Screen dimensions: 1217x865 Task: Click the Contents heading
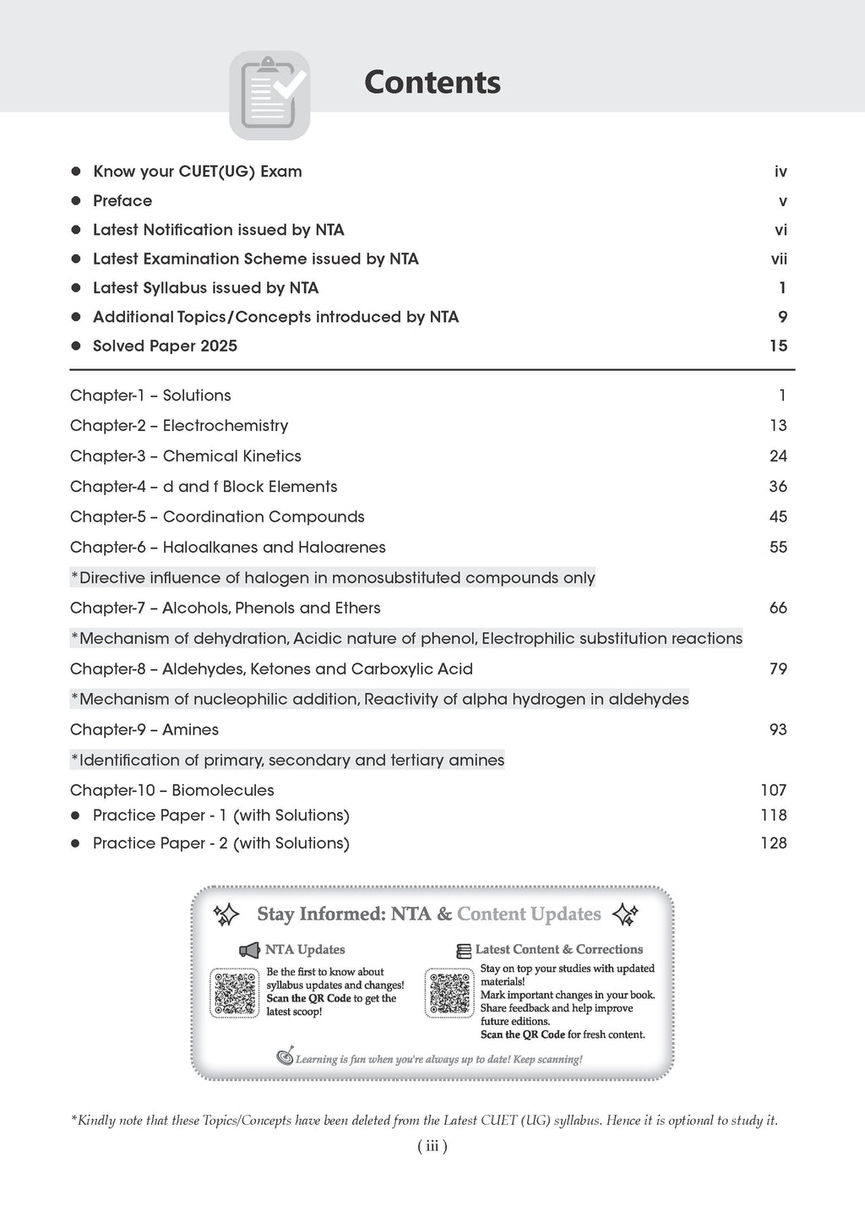click(432, 83)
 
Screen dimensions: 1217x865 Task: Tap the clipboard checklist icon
click(269, 95)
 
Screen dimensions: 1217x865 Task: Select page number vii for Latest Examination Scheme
click(779, 259)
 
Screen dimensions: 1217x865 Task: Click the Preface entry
click(122, 201)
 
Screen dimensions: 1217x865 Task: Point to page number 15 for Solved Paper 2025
click(778, 346)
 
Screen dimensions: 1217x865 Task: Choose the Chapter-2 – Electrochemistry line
click(179, 426)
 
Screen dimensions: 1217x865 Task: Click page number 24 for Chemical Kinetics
click(778, 456)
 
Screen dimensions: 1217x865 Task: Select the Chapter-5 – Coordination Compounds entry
click(217, 517)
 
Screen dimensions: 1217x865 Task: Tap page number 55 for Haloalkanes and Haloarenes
click(778, 548)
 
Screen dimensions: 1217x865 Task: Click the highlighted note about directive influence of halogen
click(333, 578)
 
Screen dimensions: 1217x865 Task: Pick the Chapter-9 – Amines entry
click(144, 730)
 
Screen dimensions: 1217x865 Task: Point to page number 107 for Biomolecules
click(773, 791)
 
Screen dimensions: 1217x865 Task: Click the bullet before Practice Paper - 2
click(75, 843)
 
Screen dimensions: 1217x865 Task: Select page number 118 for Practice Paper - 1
click(773, 816)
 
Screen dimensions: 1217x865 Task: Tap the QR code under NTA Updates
click(235, 993)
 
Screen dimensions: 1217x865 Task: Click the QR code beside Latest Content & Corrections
click(450, 993)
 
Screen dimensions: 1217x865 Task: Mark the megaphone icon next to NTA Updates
click(249, 951)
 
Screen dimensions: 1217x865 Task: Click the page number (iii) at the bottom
click(432, 1147)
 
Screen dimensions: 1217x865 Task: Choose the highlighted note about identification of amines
click(287, 761)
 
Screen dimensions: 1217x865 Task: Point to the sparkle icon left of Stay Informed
click(226, 914)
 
